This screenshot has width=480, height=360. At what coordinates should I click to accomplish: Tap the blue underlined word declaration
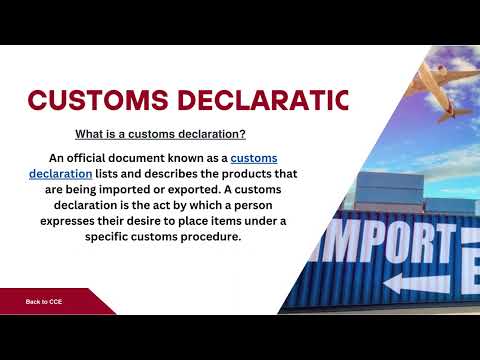click(61, 174)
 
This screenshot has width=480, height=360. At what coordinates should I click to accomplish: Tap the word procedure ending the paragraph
click(211, 237)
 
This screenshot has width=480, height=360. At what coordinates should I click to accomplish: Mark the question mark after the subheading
click(244, 134)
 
